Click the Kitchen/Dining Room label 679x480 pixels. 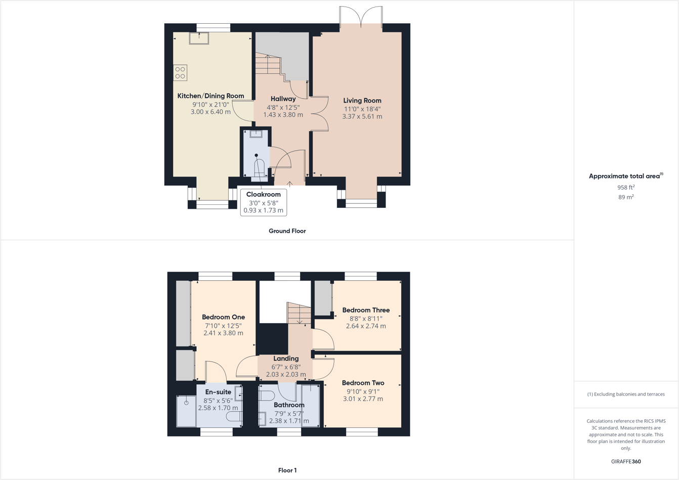tap(210, 96)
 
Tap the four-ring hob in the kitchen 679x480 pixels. tap(180, 73)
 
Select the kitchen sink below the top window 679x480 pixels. tap(199, 38)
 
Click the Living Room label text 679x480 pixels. tap(362, 101)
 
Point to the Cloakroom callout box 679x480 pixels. tap(264, 202)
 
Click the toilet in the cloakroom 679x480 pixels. tap(259, 167)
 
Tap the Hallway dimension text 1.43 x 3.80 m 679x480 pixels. tap(283, 115)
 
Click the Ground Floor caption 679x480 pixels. tap(287, 231)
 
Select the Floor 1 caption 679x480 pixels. tap(287, 470)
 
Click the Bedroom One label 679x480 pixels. tap(223, 317)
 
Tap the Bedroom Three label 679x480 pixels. tap(366, 310)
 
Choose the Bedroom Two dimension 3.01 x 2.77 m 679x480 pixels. tap(363, 399)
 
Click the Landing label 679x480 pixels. tap(286, 359)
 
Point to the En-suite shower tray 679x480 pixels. tap(186, 411)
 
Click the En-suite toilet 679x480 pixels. tap(234, 416)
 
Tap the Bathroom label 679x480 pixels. tap(289, 405)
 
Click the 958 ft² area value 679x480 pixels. tap(626, 187)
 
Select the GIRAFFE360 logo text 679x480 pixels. tap(626, 461)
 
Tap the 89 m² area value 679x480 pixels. tap(626, 197)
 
